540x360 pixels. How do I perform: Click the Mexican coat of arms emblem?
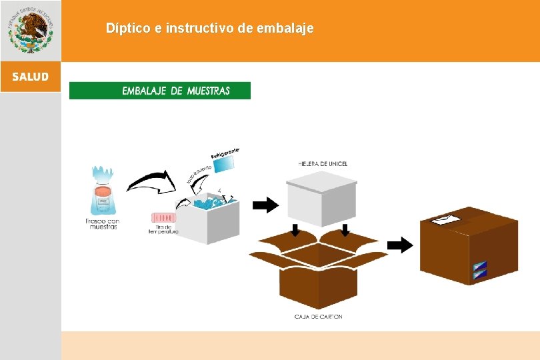(31, 30)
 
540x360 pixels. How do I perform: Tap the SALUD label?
(30, 77)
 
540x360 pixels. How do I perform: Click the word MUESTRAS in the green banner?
(208, 91)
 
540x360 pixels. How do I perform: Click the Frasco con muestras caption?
(102, 223)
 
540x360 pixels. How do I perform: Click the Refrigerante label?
(225, 153)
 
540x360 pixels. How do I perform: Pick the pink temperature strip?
(164, 217)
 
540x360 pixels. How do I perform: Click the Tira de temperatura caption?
(163, 229)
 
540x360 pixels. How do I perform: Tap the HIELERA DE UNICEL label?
(323, 164)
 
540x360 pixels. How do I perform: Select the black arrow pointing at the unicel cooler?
(265, 205)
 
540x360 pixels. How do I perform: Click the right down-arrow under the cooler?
(345, 231)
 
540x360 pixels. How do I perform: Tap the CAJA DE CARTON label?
(318, 317)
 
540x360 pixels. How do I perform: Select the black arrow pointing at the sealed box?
(400, 245)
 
